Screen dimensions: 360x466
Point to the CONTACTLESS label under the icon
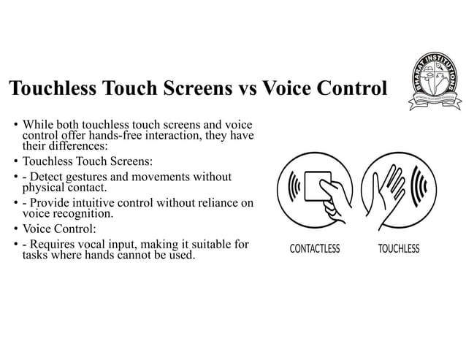pyautogui.click(x=315, y=249)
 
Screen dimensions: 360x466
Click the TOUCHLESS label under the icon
pyautogui.click(x=399, y=249)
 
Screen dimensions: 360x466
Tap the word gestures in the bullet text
pyautogui.click(x=94, y=177)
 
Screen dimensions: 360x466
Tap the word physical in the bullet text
pyautogui.click(x=44, y=188)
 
